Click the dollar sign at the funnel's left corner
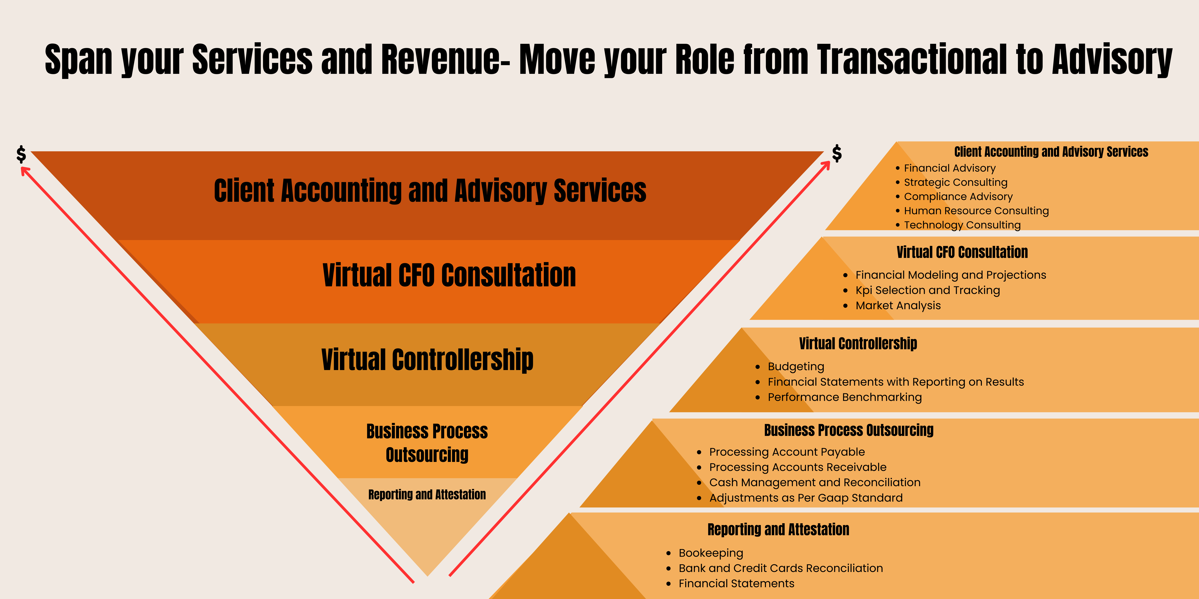[21, 154]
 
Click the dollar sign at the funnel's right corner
[837, 153]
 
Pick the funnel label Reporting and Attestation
[427, 494]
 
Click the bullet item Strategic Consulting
[956, 182]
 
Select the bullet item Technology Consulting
[962, 225]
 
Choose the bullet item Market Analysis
[898, 306]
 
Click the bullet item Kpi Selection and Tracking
[928, 290]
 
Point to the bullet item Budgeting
[796, 366]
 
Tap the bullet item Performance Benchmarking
[845, 397]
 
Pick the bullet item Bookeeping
[711, 553]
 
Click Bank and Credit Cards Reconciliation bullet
[781, 568]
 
